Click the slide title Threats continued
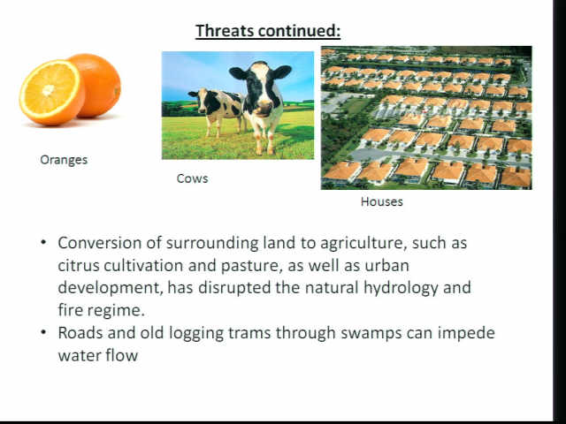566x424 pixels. click(x=268, y=31)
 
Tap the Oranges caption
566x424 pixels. click(x=64, y=160)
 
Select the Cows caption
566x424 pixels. click(x=193, y=178)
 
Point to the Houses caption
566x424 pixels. click(x=381, y=201)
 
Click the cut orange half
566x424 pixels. click(x=50, y=92)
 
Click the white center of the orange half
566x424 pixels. click(x=49, y=90)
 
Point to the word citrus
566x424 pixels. click(x=78, y=266)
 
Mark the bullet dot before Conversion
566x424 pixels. click(x=43, y=242)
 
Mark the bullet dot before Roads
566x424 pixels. click(x=43, y=332)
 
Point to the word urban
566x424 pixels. click(x=387, y=266)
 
